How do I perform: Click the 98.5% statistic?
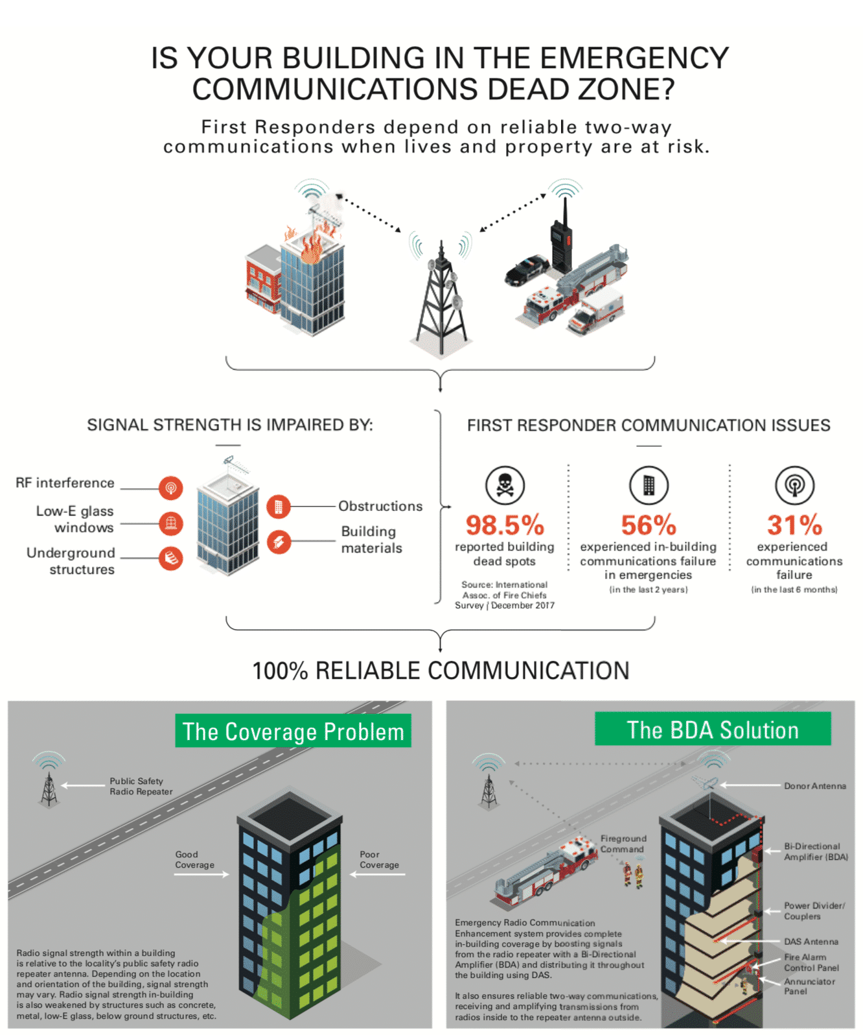[505, 525]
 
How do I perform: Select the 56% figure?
[649, 525]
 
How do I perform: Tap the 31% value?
[794, 525]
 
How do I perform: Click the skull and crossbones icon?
[505, 485]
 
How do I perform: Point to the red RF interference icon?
[171, 488]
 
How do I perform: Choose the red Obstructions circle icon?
[279, 506]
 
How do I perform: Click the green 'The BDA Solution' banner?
[713, 730]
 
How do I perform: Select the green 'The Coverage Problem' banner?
[293, 732]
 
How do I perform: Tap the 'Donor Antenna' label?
[815, 786]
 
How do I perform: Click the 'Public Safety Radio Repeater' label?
[141, 786]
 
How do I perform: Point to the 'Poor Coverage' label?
[379, 860]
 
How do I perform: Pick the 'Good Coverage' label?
[194, 860]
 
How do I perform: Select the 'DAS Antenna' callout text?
[811, 942]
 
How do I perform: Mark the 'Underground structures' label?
[71, 561]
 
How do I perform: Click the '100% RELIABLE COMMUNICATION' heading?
[441, 671]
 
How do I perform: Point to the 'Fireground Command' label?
[623, 844]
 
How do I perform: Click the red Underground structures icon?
[171, 558]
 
